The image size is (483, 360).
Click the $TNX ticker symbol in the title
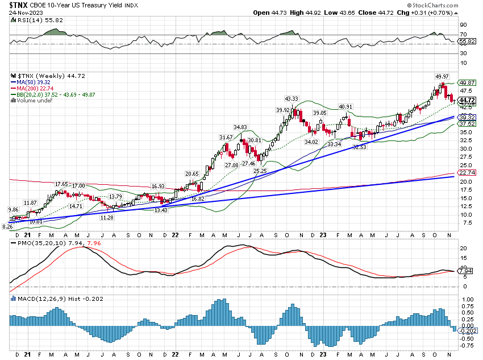(x=19, y=6)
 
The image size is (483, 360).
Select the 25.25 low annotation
(x=260, y=171)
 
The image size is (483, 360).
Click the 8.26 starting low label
(x=8, y=227)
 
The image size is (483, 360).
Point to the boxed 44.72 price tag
(x=467, y=100)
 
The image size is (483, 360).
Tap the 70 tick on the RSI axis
(x=463, y=35)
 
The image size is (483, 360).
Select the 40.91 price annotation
(x=345, y=106)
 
